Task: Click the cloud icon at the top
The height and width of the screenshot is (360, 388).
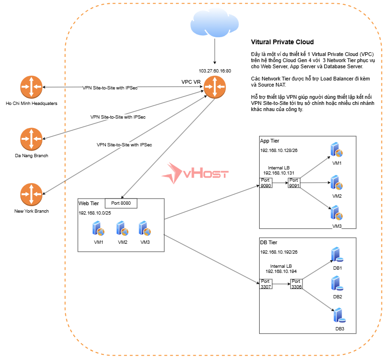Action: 214,24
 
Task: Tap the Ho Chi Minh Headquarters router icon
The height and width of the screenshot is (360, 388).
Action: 31,88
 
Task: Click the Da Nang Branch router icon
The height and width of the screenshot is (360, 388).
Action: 31,139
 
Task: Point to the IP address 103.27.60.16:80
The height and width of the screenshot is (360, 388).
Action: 215,71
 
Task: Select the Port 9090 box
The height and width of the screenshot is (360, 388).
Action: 266,183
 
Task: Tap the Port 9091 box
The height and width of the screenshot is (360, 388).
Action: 294,183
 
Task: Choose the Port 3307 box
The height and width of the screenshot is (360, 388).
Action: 266,284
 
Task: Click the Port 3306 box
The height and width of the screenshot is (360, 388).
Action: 296,284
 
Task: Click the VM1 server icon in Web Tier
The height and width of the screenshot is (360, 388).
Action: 98,229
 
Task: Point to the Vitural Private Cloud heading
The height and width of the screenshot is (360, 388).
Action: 282,42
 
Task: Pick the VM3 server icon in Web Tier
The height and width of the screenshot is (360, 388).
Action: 144,229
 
